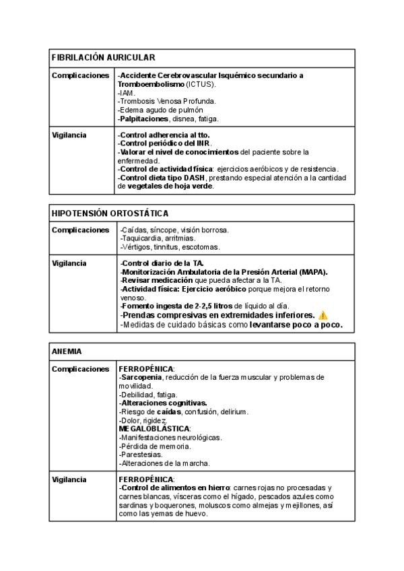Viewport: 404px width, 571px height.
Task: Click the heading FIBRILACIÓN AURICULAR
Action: (x=104, y=59)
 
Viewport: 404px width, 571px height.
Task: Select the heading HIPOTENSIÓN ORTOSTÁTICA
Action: (x=110, y=213)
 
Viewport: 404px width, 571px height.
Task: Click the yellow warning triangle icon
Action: (x=323, y=315)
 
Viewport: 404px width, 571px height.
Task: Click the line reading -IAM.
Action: (x=127, y=93)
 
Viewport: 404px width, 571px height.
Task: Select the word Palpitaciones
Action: (x=143, y=119)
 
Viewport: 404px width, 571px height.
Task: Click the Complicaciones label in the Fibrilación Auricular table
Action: (x=80, y=75)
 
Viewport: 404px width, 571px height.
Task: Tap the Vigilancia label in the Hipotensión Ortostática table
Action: (x=69, y=263)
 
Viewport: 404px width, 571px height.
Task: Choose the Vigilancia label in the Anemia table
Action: (x=69, y=479)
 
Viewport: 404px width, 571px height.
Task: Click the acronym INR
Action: (x=203, y=143)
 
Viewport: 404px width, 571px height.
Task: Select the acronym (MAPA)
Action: (x=312, y=271)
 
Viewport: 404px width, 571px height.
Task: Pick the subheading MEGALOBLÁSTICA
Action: (x=154, y=428)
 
